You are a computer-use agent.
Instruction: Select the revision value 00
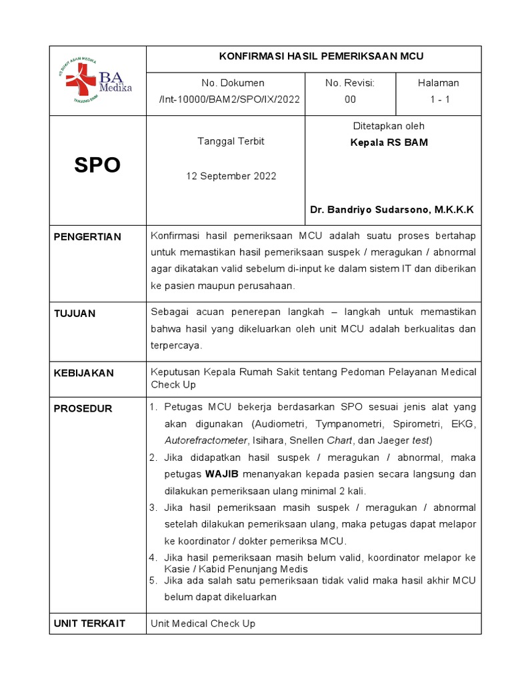[350, 99]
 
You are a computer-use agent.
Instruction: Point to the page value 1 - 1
[438, 99]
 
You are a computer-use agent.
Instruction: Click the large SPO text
[97, 166]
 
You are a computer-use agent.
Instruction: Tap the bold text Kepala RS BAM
[389, 143]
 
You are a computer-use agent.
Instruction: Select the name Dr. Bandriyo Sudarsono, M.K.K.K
[392, 210]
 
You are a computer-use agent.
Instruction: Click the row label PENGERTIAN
[87, 237]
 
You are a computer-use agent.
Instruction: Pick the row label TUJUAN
[75, 314]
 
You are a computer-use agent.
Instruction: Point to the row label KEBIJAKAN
[83, 373]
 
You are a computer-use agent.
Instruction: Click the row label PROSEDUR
[83, 408]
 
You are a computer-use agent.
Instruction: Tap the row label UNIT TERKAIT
[89, 623]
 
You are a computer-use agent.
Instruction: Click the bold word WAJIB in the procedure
[222, 474]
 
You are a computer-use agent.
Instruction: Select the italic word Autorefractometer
[205, 440]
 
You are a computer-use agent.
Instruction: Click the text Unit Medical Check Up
[203, 623]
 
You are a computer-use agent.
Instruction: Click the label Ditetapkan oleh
[389, 126]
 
